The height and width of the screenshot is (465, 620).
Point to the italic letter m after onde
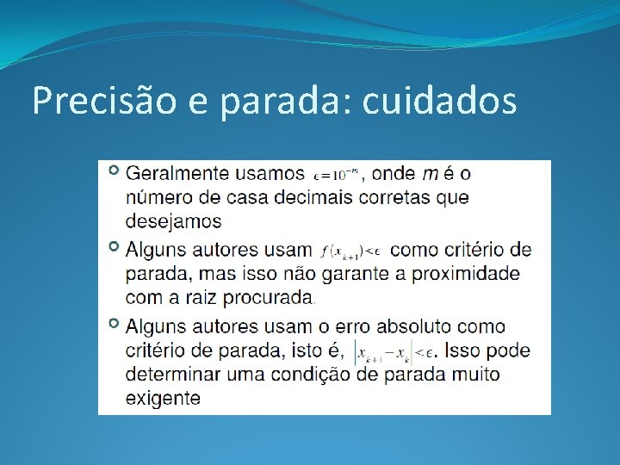(429, 173)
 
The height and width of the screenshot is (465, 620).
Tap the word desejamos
(173, 221)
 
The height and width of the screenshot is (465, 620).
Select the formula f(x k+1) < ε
(350, 251)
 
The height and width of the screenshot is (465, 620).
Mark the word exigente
(163, 398)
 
